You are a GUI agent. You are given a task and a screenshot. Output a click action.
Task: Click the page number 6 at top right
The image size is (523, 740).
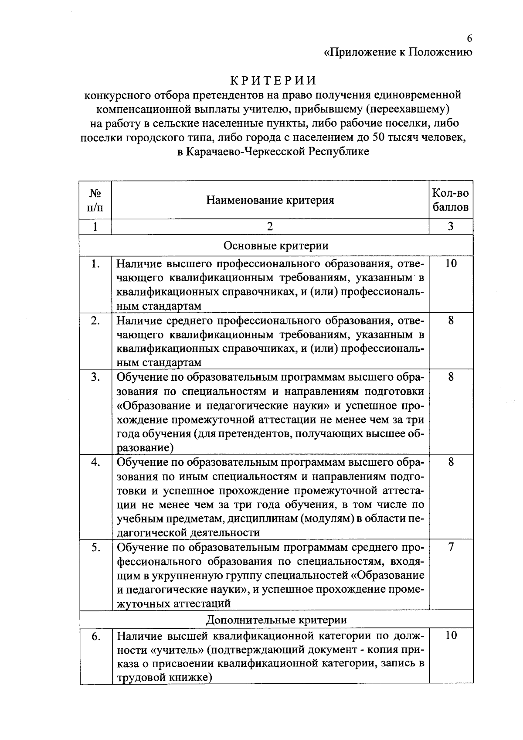click(469, 38)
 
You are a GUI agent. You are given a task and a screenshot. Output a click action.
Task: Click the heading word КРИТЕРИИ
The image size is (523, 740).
click(273, 81)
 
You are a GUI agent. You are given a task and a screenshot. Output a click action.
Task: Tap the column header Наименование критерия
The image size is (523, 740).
click(270, 200)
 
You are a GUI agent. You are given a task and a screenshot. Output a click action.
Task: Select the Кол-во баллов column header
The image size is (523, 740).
click(451, 200)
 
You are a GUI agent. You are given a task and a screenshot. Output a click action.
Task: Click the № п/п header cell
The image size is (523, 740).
click(95, 200)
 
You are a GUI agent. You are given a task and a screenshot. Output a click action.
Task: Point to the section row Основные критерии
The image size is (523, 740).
click(276, 246)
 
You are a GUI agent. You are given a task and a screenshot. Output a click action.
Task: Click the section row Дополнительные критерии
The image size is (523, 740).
click(276, 619)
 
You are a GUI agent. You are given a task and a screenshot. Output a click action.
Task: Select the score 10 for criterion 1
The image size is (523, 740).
click(451, 263)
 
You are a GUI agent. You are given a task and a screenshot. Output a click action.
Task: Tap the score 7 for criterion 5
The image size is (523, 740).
click(451, 547)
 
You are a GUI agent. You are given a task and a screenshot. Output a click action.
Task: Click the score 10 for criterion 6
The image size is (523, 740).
click(451, 635)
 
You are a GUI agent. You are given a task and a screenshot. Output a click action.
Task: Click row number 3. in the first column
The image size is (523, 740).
click(95, 377)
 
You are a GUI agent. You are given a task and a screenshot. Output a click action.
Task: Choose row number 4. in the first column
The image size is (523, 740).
click(95, 462)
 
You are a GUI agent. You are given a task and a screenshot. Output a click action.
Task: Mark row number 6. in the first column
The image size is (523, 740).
click(95, 637)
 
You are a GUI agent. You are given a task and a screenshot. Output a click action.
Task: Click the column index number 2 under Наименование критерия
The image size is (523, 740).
click(270, 226)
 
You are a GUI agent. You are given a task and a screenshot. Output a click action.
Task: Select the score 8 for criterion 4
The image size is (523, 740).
click(451, 462)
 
